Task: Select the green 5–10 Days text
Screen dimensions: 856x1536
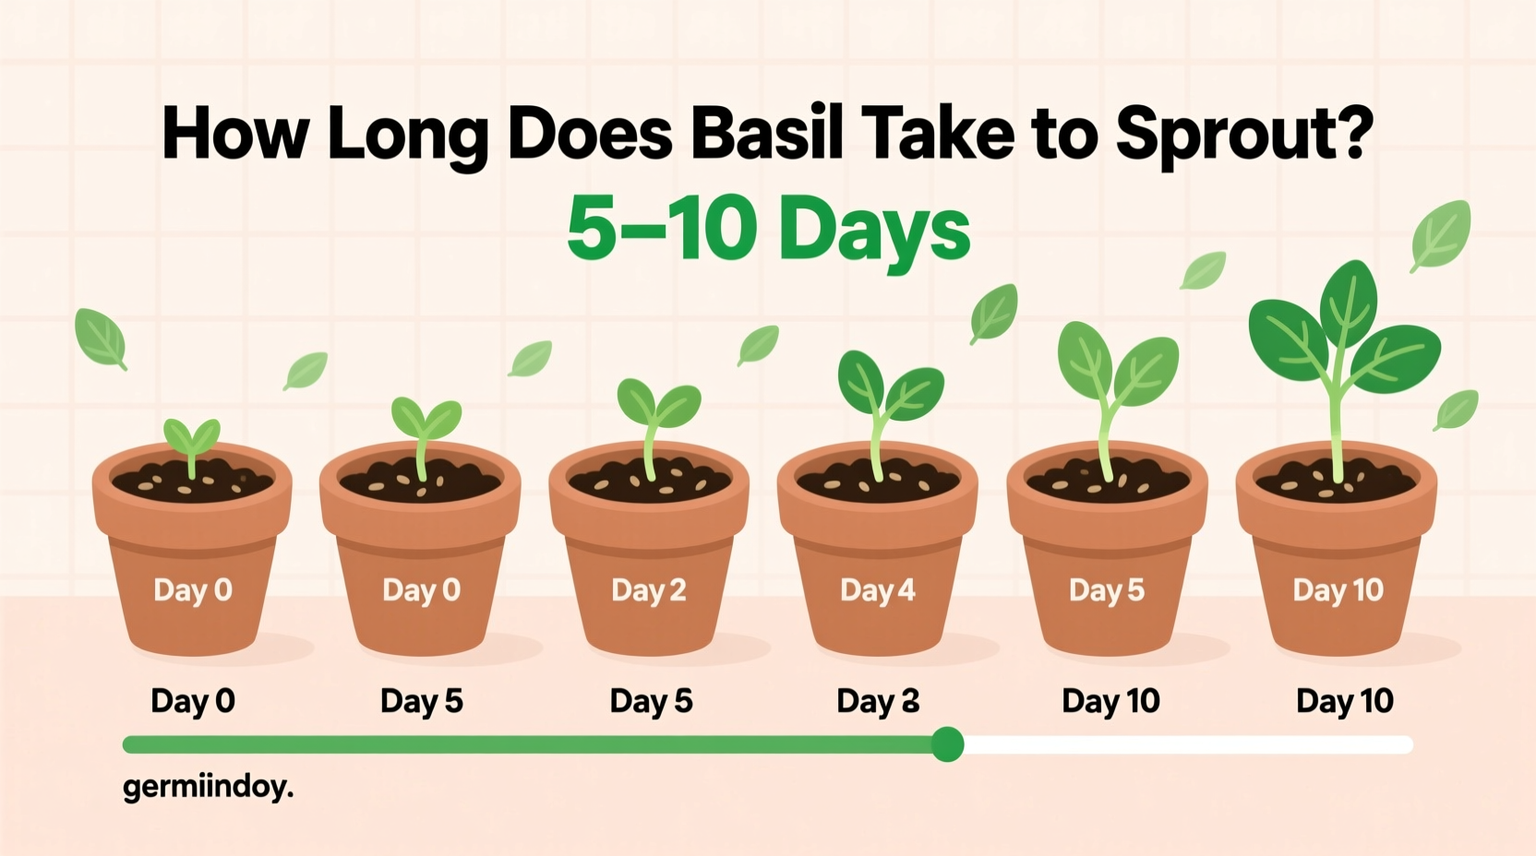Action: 768,229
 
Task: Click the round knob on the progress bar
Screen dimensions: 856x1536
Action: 947,744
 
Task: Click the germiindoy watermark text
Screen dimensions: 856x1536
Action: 208,787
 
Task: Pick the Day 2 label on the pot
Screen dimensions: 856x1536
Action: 649,590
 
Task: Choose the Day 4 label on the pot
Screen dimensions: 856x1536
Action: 878,590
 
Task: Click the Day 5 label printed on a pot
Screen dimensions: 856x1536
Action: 1107,590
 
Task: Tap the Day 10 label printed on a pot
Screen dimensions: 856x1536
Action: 1338,590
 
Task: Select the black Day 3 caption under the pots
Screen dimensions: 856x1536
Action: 878,702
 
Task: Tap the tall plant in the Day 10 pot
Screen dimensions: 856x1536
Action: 1338,351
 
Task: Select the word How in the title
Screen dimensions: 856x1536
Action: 234,135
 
